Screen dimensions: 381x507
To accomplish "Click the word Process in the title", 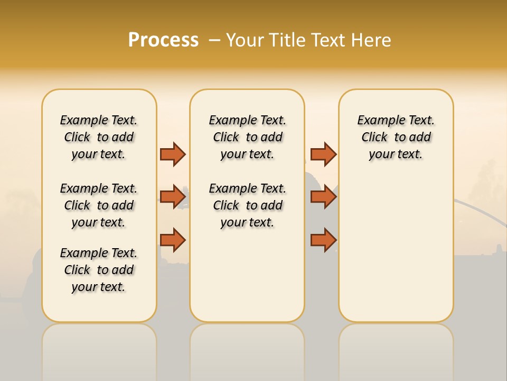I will tap(163, 40).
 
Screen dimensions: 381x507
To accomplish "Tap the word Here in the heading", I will tap(372, 40).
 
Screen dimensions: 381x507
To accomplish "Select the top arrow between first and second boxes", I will tap(173, 154).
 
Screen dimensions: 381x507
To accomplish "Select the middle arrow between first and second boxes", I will tap(173, 197).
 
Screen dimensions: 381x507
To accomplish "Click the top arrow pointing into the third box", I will tap(323, 154).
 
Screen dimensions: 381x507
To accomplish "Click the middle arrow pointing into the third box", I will tap(323, 197).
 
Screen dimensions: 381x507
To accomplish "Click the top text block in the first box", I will tap(99, 137).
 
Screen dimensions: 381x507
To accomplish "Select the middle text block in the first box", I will tap(99, 205).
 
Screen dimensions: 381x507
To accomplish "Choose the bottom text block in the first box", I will tap(99, 270).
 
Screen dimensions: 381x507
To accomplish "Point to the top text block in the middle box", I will tap(247, 137).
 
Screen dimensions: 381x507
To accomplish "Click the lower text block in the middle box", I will tap(247, 205).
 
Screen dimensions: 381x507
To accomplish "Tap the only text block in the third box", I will tap(396, 137).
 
